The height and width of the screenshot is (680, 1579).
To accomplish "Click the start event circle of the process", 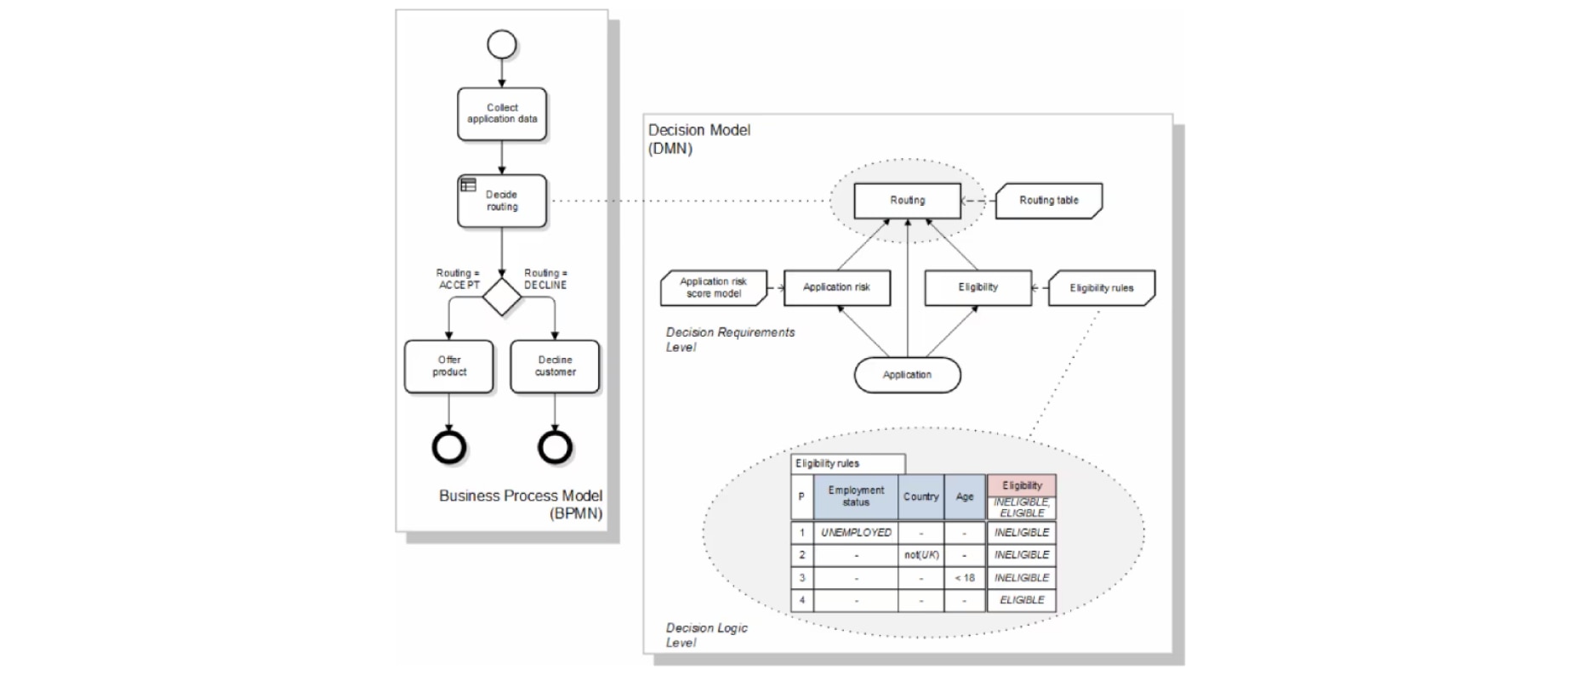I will tap(502, 44).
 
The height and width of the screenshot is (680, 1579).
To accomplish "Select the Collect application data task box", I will tap(502, 114).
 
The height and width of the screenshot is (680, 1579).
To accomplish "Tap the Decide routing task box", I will tap(502, 201).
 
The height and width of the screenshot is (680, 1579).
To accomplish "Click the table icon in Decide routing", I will tap(469, 184).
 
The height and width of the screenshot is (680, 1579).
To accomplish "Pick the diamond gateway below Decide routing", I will tap(502, 297).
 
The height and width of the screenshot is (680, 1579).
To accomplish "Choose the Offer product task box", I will tap(449, 366).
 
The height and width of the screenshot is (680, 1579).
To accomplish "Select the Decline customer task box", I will tap(555, 366).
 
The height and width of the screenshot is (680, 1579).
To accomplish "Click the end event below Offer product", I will tap(449, 447).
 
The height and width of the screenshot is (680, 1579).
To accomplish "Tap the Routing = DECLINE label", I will tap(545, 279).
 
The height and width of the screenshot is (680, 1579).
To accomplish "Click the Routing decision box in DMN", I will tap(907, 201).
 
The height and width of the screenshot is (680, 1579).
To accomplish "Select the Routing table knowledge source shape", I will tap(1048, 201).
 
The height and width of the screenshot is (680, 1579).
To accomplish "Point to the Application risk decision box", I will tap(836, 287).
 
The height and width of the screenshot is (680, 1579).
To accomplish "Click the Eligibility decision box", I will tap(978, 287).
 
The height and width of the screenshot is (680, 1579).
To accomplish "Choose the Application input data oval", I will tap(907, 375).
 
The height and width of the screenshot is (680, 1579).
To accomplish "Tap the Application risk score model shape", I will tap(714, 288).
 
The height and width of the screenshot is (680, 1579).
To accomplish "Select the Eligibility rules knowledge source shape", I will tap(1101, 288).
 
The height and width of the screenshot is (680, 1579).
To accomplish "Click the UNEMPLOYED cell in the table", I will tap(856, 533).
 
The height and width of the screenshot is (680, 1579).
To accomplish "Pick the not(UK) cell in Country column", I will tap(921, 555).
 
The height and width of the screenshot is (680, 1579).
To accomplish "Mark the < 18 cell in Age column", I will tap(964, 578).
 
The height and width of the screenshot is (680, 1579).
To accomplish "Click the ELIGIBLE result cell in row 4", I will tap(1022, 600).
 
